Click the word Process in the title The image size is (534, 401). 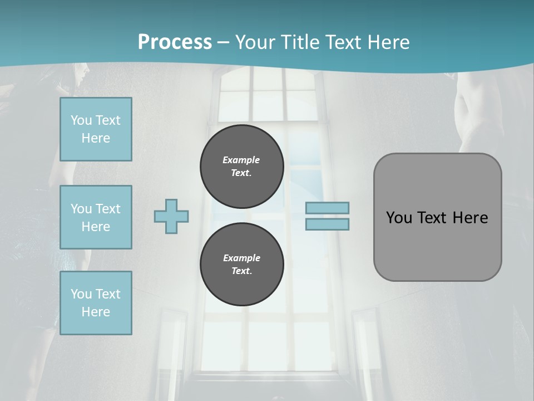click(x=175, y=42)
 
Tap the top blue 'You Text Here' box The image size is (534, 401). click(x=96, y=129)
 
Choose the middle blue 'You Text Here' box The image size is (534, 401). click(x=96, y=217)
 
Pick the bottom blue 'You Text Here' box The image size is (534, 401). click(x=96, y=303)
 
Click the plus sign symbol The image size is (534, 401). click(x=171, y=216)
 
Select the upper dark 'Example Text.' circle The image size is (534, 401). click(x=241, y=167)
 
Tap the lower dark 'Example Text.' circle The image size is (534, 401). click(x=241, y=265)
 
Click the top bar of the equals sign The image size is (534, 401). click(x=327, y=208)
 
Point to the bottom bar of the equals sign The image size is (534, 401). click(x=327, y=224)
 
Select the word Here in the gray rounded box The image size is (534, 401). click(x=471, y=218)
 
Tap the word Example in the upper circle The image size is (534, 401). click(x=241, y=160)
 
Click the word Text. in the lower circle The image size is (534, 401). click(x=241, y=271)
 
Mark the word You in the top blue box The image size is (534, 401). click(x=81, y=120)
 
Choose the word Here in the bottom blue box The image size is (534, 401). click(x=96, y=312)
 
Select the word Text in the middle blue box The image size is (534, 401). click(x=108, y=209)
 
